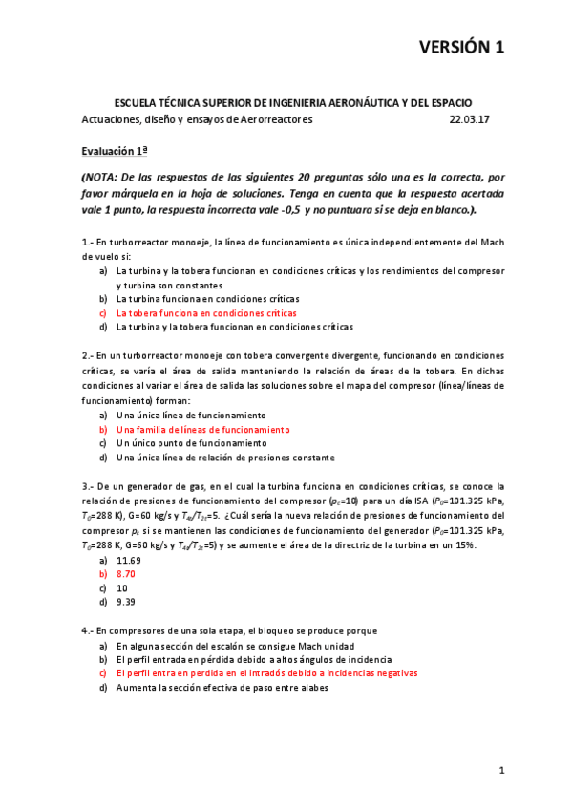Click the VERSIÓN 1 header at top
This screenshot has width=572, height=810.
(x=462, y=48)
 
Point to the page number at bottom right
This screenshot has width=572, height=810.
(x=500, y=769)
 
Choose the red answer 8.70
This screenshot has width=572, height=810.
(x=125, y=574)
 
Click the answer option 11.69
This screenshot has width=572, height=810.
(x=128, y=560)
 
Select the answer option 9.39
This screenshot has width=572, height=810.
(x=125, y=602)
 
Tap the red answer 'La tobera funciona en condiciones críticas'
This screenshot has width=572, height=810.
(x=206, y=312)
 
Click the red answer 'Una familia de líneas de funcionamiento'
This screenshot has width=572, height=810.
(x=202, y=430)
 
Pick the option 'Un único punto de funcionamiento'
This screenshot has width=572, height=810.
(x=191, y=443)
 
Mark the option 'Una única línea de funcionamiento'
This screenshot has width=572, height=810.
(x=191, y=416)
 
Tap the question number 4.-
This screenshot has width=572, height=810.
(x=87, y=630)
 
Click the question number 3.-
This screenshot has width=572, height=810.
(x=87, y=486)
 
